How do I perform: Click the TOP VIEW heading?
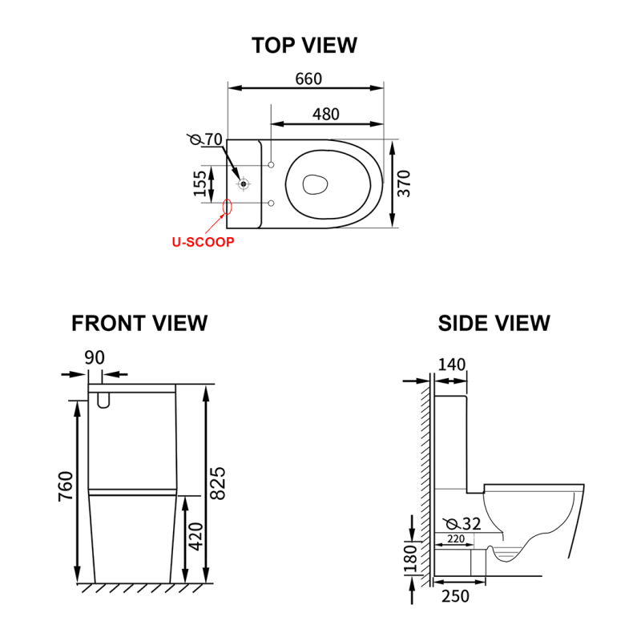pos(304,45)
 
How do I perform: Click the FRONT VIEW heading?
pos(139,323)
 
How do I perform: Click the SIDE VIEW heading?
pos(494,323)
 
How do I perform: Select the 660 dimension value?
pos(308,79)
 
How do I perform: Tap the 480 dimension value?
pos(325,114)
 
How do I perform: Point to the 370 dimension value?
pos(406,183)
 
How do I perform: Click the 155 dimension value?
pos(200,184)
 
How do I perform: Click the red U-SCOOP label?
pos(203,241)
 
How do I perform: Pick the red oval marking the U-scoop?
pos(227,208)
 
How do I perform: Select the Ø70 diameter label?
pos(207,139)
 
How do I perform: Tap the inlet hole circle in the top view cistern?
pos(243,183)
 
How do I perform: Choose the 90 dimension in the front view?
pos(95,357)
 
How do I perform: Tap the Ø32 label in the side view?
pos(466,524)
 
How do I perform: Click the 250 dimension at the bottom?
pos(454,596)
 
